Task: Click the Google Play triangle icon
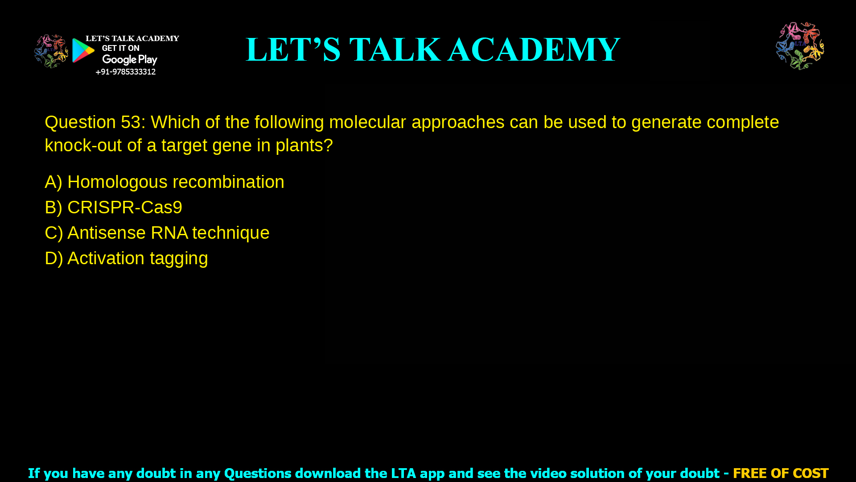(x=83, y=50)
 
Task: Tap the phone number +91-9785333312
(x=125, y=72)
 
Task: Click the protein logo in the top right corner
(x=800, y=46)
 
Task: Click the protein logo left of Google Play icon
(x=51, y=51)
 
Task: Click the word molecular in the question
(x=367, y=122)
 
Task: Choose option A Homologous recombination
(x=164, y=182)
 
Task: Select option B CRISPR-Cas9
(x=113, y=208)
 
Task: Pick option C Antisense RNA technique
(x=157, y=233)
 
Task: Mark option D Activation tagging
(x=126, y=258)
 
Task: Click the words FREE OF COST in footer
(x=781, y=473)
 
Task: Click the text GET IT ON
(x=120, y=48)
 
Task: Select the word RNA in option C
(x=169, y=233)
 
